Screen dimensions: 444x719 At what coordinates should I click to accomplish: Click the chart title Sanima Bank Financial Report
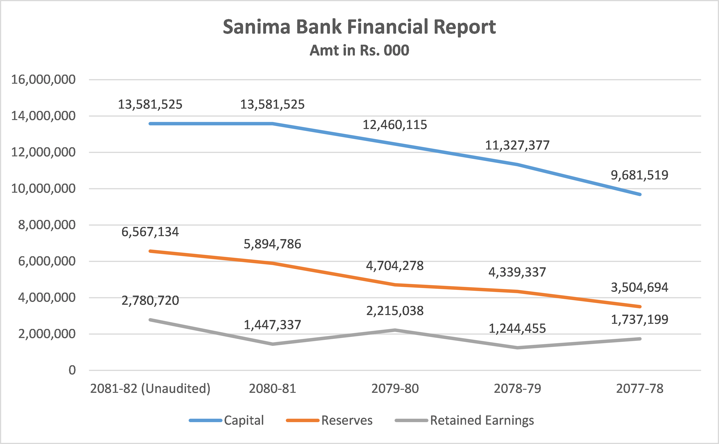pyautogui.click(x=359, y=27)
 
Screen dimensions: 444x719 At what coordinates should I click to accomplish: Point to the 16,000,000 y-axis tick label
pyautogui.click(x=43, y=80)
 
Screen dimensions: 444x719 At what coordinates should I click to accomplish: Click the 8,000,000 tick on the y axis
pyautogui.click(x=47, y=225)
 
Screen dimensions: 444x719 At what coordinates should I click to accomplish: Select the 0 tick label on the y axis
pyautogui.click(x=72, y=370)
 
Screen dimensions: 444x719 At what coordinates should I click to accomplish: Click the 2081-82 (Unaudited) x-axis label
pyautogui.click(x=150, y=388)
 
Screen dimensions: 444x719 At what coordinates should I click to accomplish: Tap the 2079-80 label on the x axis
pyautogui.click(x=395, y=388)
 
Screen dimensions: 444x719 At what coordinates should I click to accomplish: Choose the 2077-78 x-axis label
pyautogui.click(x=640, y=388)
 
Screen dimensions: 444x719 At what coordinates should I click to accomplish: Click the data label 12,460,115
pyautogui.click(x=395, y=125)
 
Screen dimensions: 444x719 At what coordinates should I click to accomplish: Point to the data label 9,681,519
pyautogui.click(x=640, y=175)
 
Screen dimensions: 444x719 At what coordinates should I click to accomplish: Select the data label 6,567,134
pyautogui.click(x=150, y=232)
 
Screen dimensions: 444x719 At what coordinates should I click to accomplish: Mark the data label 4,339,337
pyautogui.click(x=517, y=272)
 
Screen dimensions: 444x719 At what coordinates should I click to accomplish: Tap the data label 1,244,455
pyautogui.click(x=517, y=329)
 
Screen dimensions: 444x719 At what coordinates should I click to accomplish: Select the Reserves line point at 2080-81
pyautogui.click(x=273, y=263)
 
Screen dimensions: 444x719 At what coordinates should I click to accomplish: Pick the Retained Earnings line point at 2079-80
pyautogui.click(x=395, y=330)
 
